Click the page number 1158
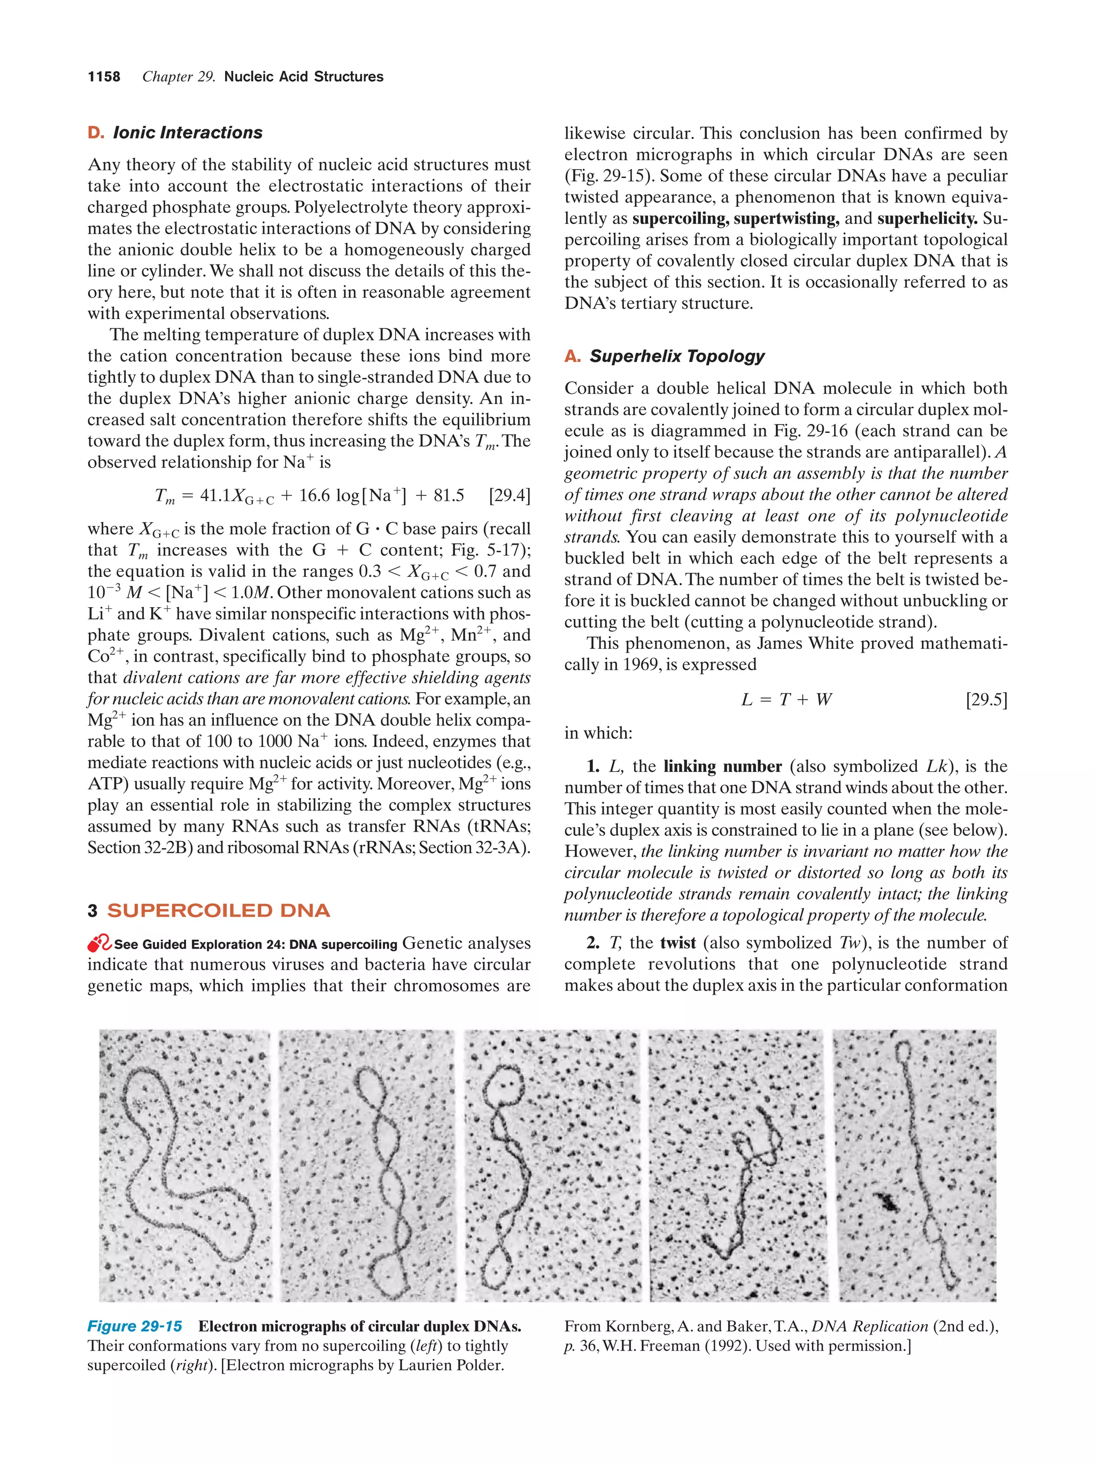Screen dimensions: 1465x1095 coord(104,77)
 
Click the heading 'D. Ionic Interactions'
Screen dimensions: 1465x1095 coord(175,133)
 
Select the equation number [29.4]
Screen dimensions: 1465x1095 coord(509,495)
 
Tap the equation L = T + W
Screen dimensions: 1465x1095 coord(785,700)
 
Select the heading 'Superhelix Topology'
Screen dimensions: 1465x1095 coord(676,356)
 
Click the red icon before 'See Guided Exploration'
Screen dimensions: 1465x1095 coord(99,943)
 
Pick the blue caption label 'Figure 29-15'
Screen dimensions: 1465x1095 coord(135,1326)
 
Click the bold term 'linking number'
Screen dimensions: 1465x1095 coord(722,766)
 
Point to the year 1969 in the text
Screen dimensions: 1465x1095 coord(637,664)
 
